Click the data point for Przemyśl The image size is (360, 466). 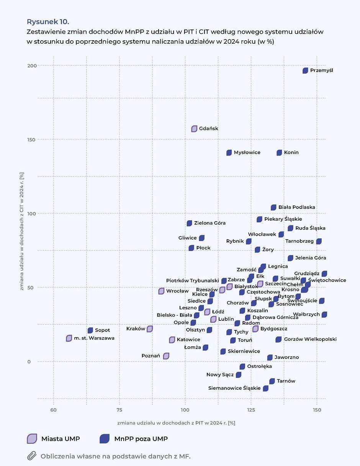click(x=305, y=71)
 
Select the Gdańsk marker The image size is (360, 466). click(x=194, y=129)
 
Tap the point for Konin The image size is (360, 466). click(x=279, y=153)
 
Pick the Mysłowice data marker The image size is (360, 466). click(x=229, y=153)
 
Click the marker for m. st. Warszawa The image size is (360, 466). click(x=69, y=338)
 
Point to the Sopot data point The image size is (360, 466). click(x=90, y=330)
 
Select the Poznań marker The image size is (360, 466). click(x=166, y=356)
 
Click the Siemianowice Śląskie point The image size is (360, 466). click(x=265, y=389)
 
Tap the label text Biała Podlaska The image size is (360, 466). click(x=296, y=207)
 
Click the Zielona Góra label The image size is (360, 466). click(x=209, y=223)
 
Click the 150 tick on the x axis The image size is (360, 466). click(x=317, y=410)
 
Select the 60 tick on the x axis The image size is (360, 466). click(x=53, y=410)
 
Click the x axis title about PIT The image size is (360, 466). click(x=176, y=423)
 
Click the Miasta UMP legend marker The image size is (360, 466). click(x=32, y=439)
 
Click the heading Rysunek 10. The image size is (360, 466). click(x=47, y=21)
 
